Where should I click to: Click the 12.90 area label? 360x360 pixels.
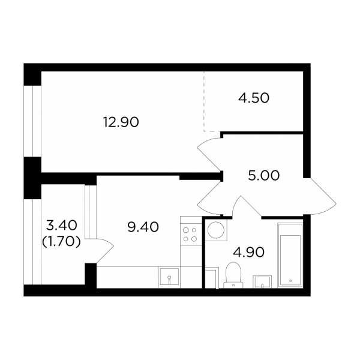(x=121, y=122)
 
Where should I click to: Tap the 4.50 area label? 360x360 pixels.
(x=254, y=98)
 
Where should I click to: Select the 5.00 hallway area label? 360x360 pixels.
(x=264, y=176)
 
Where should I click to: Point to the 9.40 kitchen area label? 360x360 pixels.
(x=143, y=227)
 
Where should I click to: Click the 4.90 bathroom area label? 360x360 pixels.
(x=248, y=253)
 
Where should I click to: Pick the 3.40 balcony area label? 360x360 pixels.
(x=62, y=225)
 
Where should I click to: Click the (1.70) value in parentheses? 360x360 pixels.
(x=61, y=242)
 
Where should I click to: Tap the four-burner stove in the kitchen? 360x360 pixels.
(x=190, y=235)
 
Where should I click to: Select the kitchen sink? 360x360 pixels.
(x=169, y=277)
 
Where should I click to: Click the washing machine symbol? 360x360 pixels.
(x=216, y=230)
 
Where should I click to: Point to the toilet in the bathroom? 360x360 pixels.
(x=233, y=275)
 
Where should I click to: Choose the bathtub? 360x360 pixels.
(x=290, y=255)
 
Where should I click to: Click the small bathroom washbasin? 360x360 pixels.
(x=262, y=282)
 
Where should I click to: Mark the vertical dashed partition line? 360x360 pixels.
(x=203, y=101)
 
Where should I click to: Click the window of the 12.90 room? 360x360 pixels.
(x=32, y=121)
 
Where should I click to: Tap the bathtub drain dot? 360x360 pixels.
(x=290, y=281)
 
